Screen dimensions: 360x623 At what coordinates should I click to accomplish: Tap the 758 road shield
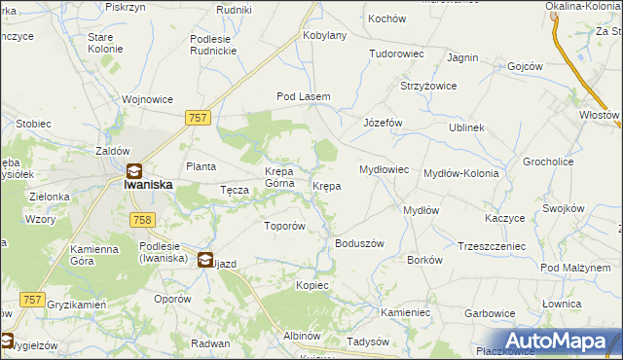pos(141,220)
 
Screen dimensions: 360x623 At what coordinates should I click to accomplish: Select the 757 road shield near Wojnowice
pos(197,117)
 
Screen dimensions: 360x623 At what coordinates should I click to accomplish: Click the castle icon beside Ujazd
pos(206,260)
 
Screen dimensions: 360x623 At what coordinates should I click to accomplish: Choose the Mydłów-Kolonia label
pos(461,173)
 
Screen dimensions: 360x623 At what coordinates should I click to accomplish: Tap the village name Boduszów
pos(360,243)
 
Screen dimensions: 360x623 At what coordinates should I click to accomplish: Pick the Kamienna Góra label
pos(94,255)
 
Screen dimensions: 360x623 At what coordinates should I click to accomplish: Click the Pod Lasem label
pos(304,97)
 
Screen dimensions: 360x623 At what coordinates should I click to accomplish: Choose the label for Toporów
pos(285,226)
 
